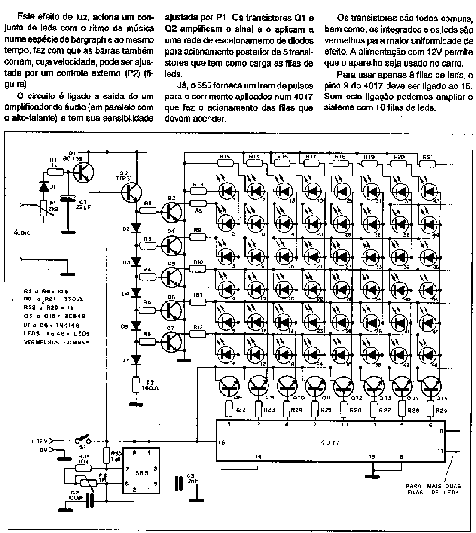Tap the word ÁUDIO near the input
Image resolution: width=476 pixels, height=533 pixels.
coord(21,233)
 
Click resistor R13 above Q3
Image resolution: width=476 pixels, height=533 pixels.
coord(198,191)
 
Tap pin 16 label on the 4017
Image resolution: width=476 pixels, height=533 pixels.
coord(222,442)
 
